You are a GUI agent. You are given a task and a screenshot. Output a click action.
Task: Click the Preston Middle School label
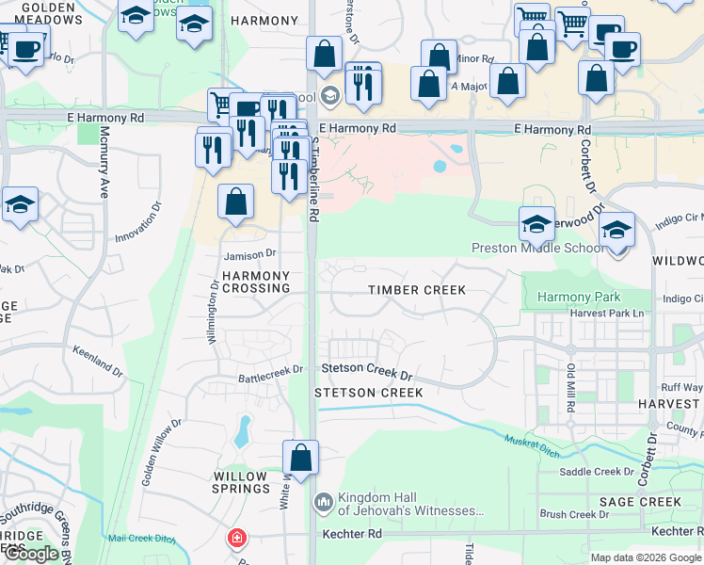coord(538,249)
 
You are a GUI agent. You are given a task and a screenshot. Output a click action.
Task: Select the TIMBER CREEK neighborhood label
coord(417,290)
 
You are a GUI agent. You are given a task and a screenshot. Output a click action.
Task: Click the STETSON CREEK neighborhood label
coord(368,392)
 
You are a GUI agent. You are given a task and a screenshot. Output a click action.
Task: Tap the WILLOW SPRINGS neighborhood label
coord(241,482)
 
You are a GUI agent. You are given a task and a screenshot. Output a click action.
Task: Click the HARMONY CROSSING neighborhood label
coord(255,282)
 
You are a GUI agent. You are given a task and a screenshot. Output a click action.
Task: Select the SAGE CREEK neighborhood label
coord(640,502)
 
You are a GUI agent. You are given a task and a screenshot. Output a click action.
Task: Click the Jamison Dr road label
coord(248,254)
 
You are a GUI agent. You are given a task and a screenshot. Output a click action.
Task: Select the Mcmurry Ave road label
coord(103,162)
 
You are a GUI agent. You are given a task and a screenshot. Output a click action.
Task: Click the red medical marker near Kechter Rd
coord(237,540)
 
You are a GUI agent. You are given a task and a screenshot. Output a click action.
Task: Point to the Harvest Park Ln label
coord(611,314)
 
